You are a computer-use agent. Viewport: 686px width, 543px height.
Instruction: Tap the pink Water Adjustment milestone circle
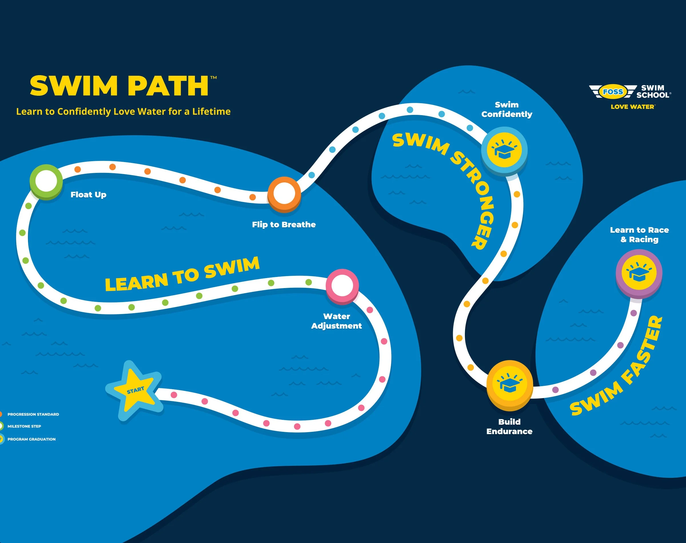coord(342,285)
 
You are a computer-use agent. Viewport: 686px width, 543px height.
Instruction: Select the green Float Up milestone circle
coord(46,181)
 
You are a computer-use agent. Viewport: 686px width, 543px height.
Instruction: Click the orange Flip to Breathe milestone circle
coord(284,193)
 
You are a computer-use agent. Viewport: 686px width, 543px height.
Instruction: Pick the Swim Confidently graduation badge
coord(504,150)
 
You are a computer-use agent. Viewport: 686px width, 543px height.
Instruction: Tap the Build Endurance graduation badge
coord(510,384)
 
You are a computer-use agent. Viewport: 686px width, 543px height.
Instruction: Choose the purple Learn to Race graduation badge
coord(639,272)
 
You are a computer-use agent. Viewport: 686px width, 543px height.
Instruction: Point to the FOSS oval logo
coord(613,92)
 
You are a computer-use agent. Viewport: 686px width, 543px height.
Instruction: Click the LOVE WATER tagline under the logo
coord(632,107)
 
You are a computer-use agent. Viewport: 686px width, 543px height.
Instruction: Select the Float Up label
coord(88,195)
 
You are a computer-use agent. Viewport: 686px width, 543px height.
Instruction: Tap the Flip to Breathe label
coord(284,224)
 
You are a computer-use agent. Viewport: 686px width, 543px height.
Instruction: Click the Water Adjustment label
coord(336,321)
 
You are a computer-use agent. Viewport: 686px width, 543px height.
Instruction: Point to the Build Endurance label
coord(509,426)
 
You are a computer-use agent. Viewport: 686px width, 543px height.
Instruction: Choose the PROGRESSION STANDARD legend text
coord(33,414)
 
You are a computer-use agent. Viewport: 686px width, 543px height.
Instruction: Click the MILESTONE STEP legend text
coord(24,426)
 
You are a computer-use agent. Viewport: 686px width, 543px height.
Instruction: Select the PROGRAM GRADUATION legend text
coord(31,439)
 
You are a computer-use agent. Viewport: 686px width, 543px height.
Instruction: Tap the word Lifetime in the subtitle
coord(212,111)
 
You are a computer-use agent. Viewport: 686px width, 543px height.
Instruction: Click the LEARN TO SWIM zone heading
coord(182,274)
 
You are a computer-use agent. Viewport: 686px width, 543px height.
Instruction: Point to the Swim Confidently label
coord(507,109)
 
